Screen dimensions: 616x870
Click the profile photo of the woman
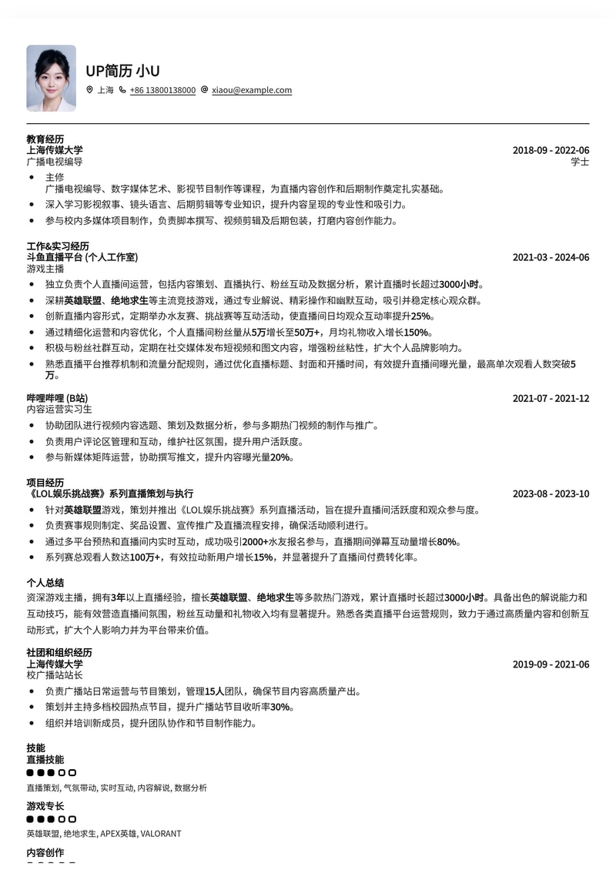pos(51,78)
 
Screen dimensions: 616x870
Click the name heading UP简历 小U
pos(122,72)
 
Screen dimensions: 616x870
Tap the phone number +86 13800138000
pos(162,90)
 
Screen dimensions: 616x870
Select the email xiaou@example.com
pos(252,90)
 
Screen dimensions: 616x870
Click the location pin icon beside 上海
pos(89,90)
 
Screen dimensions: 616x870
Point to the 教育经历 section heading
pos(45,139)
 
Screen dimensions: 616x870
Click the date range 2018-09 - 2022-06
pos(551,150)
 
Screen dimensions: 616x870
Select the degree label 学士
pos(580,162)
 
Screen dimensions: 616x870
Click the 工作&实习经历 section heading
pos(58,246)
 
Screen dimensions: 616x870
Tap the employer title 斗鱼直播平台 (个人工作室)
pos(82,257)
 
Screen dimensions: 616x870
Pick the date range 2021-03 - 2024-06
pos(551,257)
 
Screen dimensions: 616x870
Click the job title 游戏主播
pos(45,269)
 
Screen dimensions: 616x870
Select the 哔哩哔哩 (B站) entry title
pos(57,398)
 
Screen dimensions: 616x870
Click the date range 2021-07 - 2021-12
pos(551,398)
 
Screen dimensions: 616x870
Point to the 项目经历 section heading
pos(45,483)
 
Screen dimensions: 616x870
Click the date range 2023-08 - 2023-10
pos(551,494)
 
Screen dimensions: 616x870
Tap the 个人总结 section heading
pos(45,583)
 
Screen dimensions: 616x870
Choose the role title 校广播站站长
pos(55,675)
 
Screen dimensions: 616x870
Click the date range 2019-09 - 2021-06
pos(551,664)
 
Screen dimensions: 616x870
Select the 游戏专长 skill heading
pos(45,806)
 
